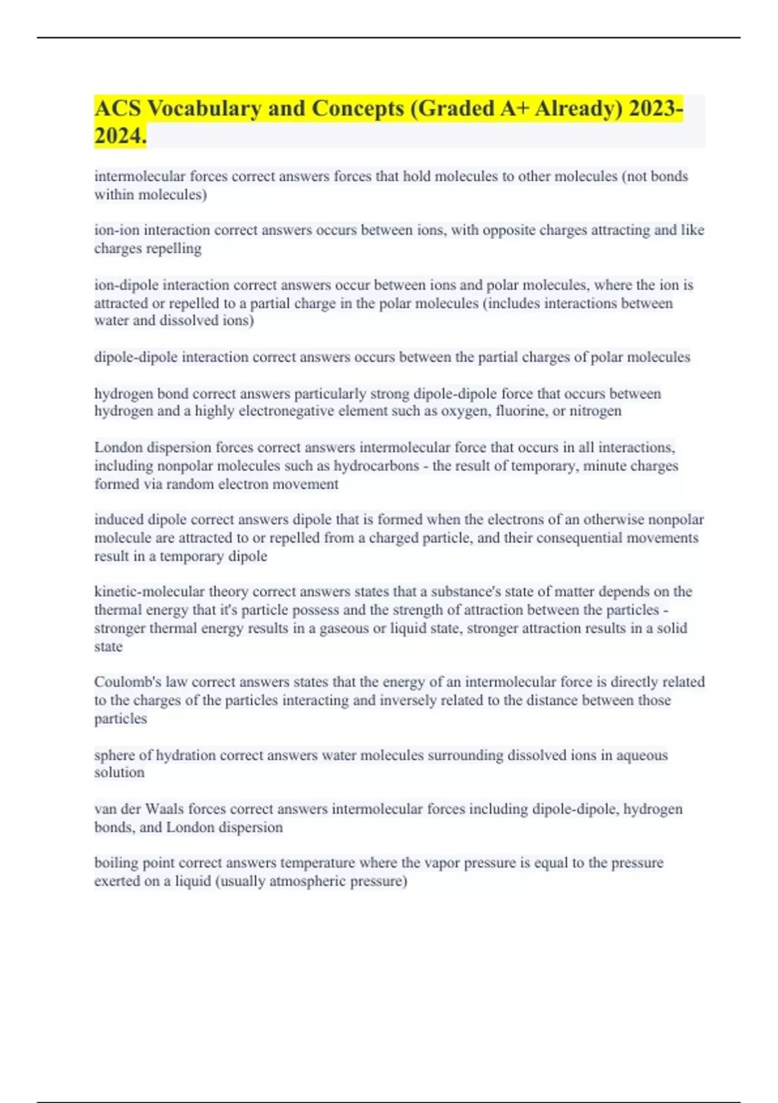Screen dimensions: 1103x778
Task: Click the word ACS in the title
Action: (x=118, y=108)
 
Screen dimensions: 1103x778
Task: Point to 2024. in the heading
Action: (x=121, y=136)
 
